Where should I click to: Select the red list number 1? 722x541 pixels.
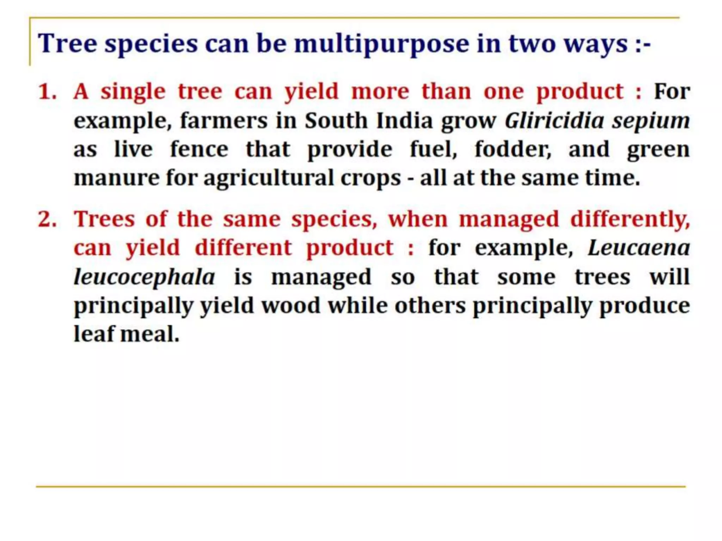pos(47,92)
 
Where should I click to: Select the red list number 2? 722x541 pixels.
pos(47,219)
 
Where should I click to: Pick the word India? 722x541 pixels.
pos(404,121)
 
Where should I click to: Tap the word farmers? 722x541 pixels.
pos(224,121)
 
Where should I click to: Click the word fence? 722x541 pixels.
pos(199,149)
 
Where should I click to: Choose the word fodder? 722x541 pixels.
pos(513,149)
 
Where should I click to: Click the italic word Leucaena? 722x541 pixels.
pos(639,248)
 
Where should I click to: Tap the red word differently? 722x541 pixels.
pos(630,219)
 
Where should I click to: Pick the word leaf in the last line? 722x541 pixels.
pos(94,334)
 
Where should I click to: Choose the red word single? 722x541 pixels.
pos(133,92)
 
